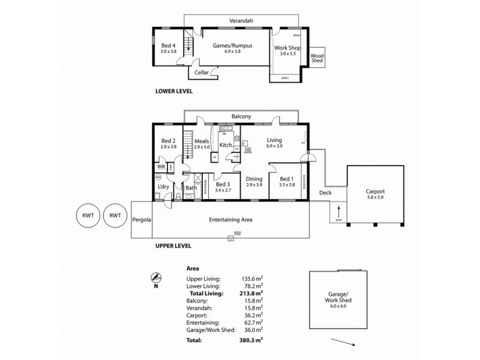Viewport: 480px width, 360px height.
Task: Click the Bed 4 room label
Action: pos(168,45)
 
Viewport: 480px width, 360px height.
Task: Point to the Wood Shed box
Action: pos(317,58)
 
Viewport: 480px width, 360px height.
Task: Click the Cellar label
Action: pos(202,72)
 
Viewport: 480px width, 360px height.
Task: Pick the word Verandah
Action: pos(241,21)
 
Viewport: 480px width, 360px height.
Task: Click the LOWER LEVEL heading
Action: pos(173,92)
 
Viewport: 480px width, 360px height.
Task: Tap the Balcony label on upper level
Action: pos(241,116)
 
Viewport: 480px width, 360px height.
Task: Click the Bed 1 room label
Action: pos(287,178)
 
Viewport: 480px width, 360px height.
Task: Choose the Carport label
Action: pos(376,191)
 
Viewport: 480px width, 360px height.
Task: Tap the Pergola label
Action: pos(142,220)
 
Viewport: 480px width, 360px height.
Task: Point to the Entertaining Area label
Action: pos(230,220)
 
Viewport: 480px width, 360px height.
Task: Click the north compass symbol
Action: pos(156,278)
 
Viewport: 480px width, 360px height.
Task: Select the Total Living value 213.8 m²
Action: pos(251,293)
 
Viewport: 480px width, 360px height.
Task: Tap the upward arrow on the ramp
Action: pos(339,211)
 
